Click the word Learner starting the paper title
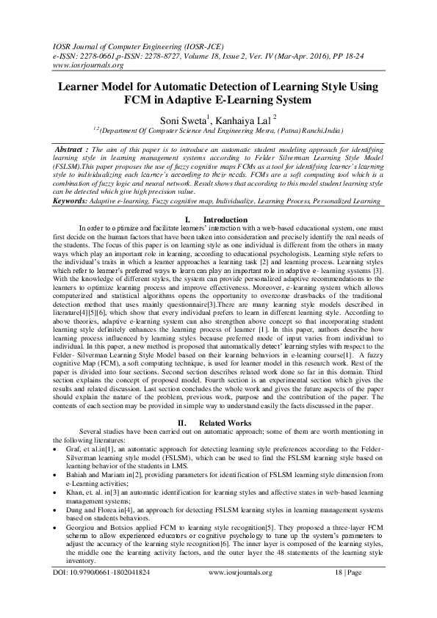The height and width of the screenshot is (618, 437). click(x=73, y=87)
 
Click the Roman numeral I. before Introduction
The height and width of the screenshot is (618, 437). click(x=188, y=219)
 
